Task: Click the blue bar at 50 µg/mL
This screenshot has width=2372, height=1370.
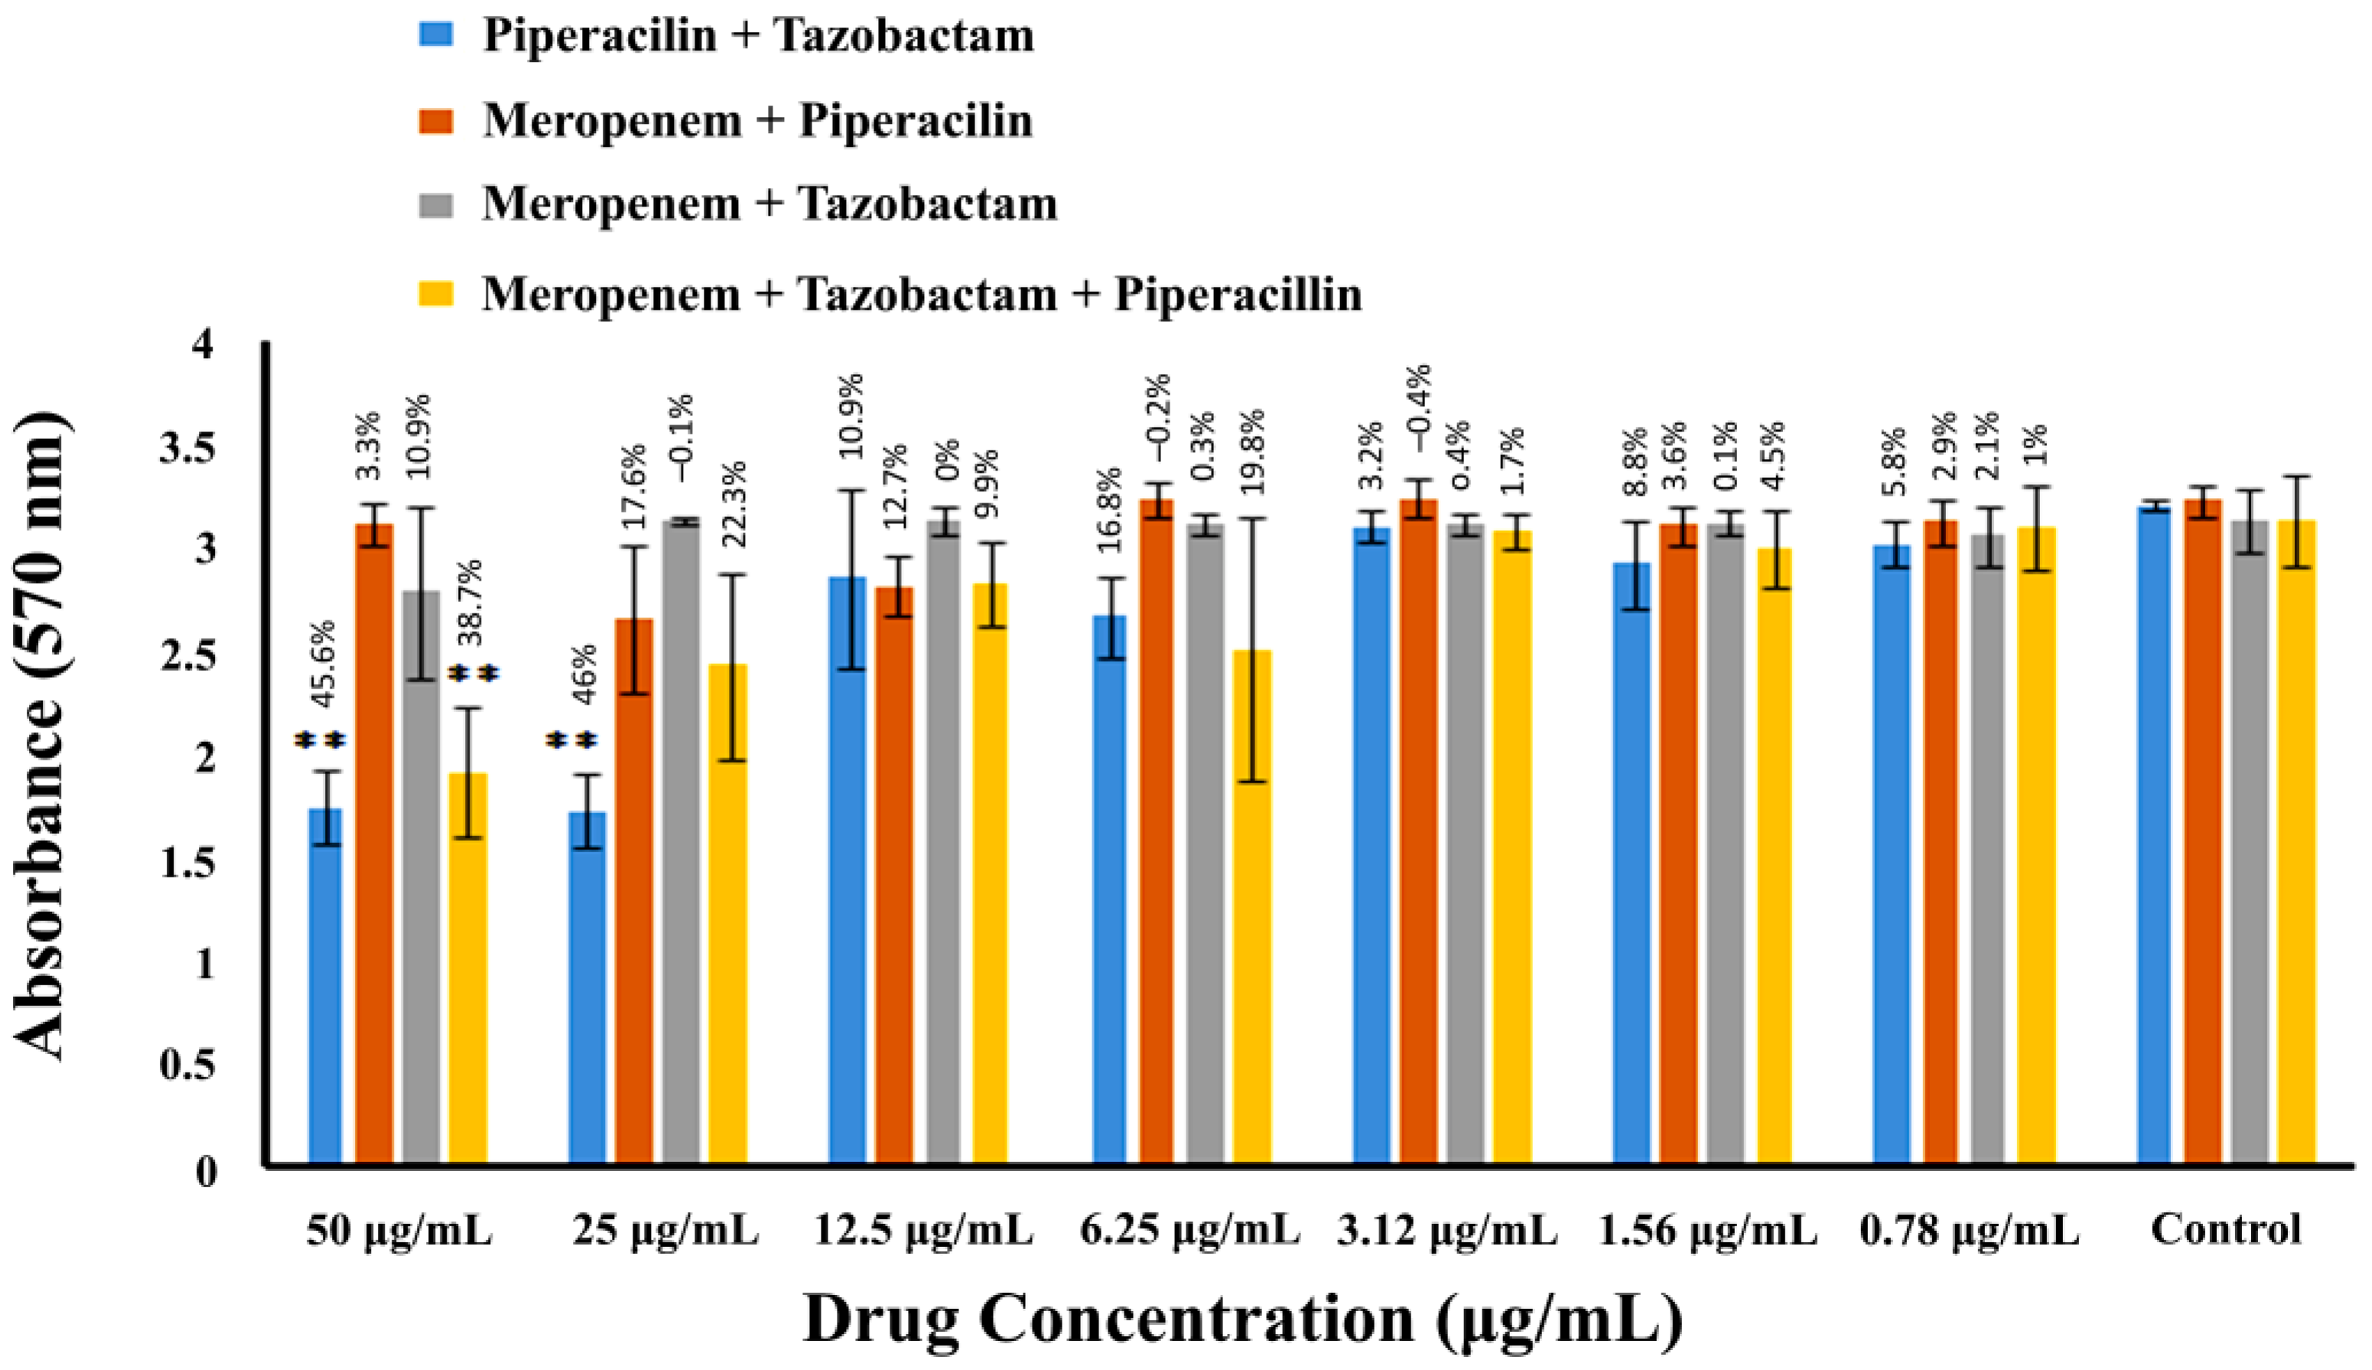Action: [326, 988]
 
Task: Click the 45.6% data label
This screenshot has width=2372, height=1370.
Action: [324, 664]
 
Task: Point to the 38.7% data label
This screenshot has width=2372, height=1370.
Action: [467, 602]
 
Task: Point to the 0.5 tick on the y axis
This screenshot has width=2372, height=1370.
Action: [187, 1064]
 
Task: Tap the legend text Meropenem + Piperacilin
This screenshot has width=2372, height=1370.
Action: [757, 120]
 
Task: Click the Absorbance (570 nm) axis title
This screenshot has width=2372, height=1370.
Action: [42, 739]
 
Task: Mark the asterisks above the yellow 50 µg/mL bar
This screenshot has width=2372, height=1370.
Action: [473, 674]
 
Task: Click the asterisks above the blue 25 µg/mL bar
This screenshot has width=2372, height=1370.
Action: [572, 741]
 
